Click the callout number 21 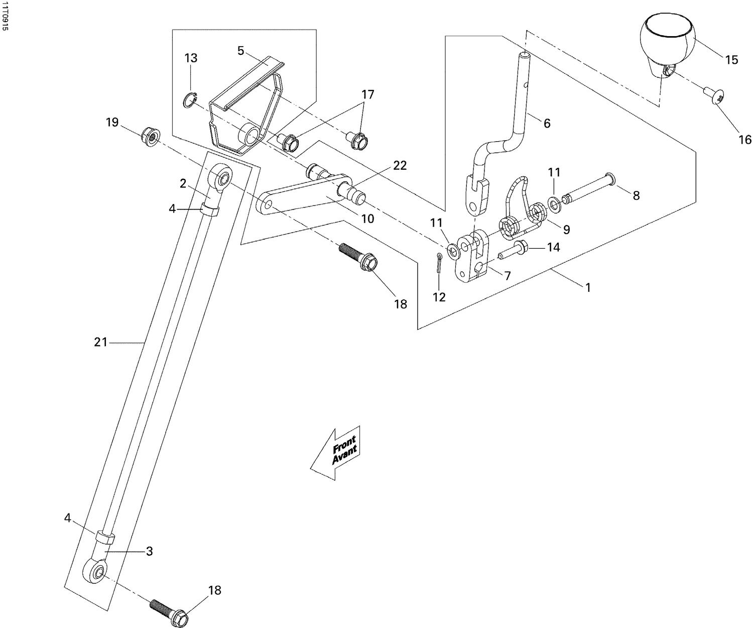point(101,342)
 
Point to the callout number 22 point(400,165)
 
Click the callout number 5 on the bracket point(240,51)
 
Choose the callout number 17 point(367,94)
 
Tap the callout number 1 point(587,287)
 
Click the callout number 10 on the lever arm point(367,219)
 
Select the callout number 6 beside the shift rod point(547,123)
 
